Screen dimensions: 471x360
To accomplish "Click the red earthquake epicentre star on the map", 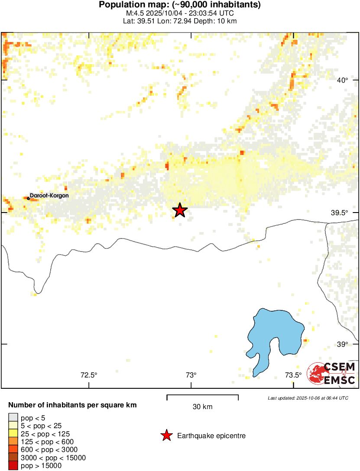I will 180,210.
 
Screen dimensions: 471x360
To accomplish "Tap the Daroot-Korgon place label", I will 49,196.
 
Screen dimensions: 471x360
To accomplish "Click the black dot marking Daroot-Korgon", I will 29,198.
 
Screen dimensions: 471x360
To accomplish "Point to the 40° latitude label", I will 343,80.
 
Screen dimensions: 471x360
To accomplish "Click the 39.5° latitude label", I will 340,213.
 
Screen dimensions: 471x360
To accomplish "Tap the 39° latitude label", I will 343,344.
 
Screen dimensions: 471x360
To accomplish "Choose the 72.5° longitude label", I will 89,375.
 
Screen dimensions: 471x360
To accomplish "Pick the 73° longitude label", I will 191,375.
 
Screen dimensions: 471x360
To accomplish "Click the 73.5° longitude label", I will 293,375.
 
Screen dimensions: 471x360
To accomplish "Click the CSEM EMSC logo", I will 331,373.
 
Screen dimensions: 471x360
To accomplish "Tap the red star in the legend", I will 166,436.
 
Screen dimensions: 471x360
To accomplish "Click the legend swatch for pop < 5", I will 13,418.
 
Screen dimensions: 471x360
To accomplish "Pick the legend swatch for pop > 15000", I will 13,466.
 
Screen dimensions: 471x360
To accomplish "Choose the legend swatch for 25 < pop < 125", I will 13,434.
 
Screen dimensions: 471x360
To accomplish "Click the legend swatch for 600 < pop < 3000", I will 13,450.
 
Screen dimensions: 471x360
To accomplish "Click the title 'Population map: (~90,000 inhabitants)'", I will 180,5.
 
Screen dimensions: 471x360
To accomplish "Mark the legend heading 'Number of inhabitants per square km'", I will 73,406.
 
